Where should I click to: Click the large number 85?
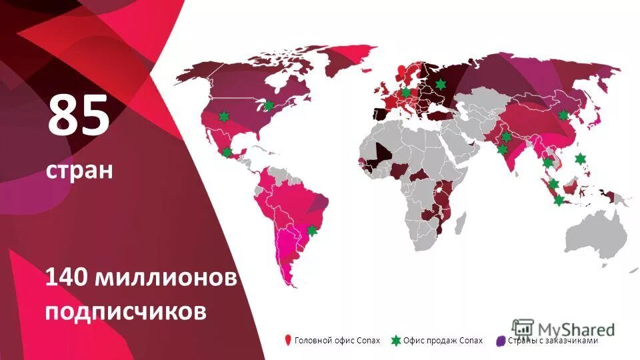(78, 115)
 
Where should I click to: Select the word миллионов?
(166, 277)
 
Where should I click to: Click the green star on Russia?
(441, 84)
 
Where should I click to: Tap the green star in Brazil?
(311, 231)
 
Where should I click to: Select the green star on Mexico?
(227, 152)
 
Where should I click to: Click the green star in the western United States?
(223, 116)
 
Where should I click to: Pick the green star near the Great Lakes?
(269, 105)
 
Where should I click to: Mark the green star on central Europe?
(406, 92)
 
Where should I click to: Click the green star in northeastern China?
(563, 115)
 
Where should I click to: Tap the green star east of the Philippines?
(581, 158)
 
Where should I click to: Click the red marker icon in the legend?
(288, 341)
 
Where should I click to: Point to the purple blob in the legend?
(501, 341)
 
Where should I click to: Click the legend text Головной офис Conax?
(337, 341)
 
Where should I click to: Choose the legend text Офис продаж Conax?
(443, 341)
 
